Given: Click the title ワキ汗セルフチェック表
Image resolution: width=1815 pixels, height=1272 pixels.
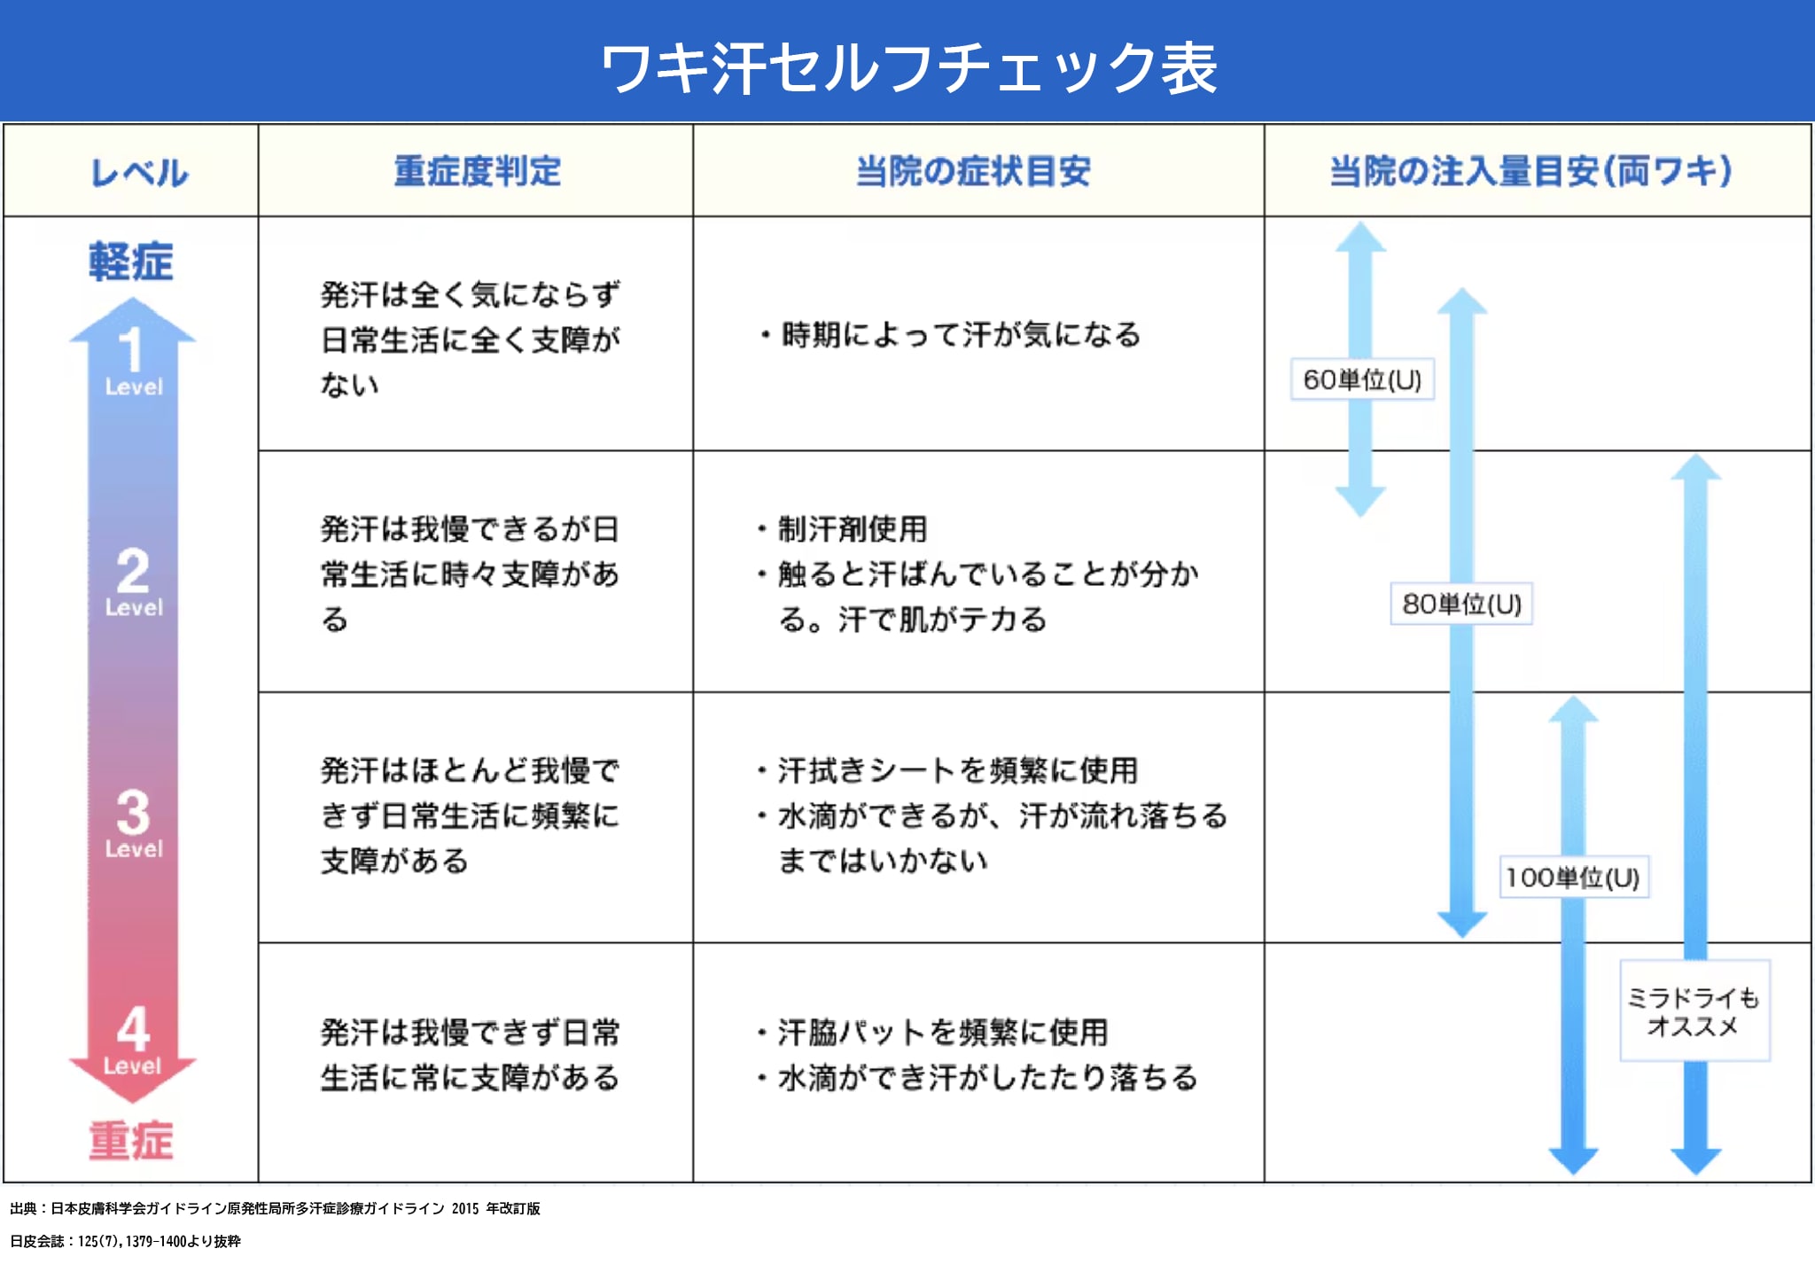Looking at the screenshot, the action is pyautogui.click(x=908, y=68).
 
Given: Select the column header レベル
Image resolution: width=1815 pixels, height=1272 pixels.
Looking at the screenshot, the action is pyautogui.click(x=139, y=172).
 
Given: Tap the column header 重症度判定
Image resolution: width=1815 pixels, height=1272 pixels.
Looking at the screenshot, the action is pyautogui.click(x=477, y=171).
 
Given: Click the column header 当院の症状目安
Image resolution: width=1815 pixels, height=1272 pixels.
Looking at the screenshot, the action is pyautogui.click(x=972, y=171).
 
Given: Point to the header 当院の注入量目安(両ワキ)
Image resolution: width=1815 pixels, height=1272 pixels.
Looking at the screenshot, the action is pyautogui.click(x=1530, y=171).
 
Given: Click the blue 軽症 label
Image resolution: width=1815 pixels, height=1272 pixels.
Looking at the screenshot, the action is pyautogui.click(x=131, y=262).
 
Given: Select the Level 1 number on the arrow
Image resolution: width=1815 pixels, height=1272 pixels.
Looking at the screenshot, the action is pyautogui.click(x=131, y=349).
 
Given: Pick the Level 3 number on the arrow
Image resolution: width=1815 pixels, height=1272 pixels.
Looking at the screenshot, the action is pyautogui.click(x=133, y=812).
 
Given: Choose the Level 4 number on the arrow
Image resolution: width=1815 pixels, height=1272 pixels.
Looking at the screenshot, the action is pyautogui.click(x=133, y=1028).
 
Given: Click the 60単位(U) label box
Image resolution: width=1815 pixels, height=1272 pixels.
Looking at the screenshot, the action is pyautogui.click(x=1362, y=379).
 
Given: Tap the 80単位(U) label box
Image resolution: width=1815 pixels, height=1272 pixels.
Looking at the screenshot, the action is pyautogui.click(x=1461, y=604).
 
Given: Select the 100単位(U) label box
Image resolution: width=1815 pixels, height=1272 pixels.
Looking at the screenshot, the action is pyautogui.click(x=1573, y=878).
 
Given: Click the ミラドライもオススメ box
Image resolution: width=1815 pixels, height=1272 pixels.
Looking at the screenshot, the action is pyautogui.click(x=1694, y=1011).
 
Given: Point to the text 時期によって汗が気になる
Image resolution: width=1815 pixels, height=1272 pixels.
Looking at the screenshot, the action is pyautogui.click(x=961, y=335).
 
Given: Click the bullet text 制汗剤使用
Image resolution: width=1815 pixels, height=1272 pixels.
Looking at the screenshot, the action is pyautogui.click(x=853, y=529).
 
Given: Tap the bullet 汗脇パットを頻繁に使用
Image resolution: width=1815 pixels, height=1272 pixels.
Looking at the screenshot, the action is pyautogui.click(x=943, y=1033).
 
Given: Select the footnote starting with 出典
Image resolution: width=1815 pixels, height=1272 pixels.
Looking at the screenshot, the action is pyautogui.click(x=275, y=1208).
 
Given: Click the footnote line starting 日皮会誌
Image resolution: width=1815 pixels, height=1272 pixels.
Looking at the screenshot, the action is pyautogui.click(x=125, y=1241).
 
